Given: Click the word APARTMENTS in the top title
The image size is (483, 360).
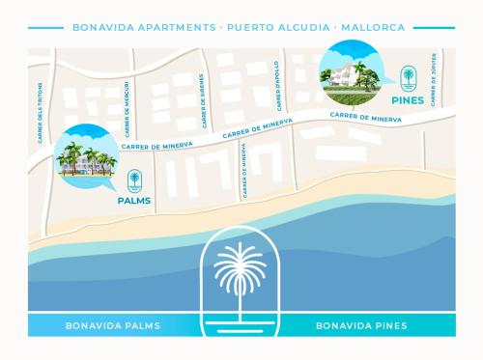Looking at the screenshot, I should pyautogui.click(x=170, y=27).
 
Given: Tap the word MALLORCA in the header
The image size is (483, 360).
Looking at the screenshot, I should pyautogui.click(x=371, y=27).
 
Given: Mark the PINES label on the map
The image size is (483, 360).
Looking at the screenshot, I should pyautogui.click(x=409, y=99).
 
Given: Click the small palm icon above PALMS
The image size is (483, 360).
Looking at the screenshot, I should pyautogui.click(x=134, y=180).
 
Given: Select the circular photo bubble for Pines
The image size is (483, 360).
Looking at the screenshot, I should pyautogui.click(x=348, y=72).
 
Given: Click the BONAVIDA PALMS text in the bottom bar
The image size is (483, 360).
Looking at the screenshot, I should pyautogui.click(x=113, y=325).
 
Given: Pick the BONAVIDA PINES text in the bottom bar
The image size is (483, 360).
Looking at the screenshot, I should pyautogui.click(x=361, y=325).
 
